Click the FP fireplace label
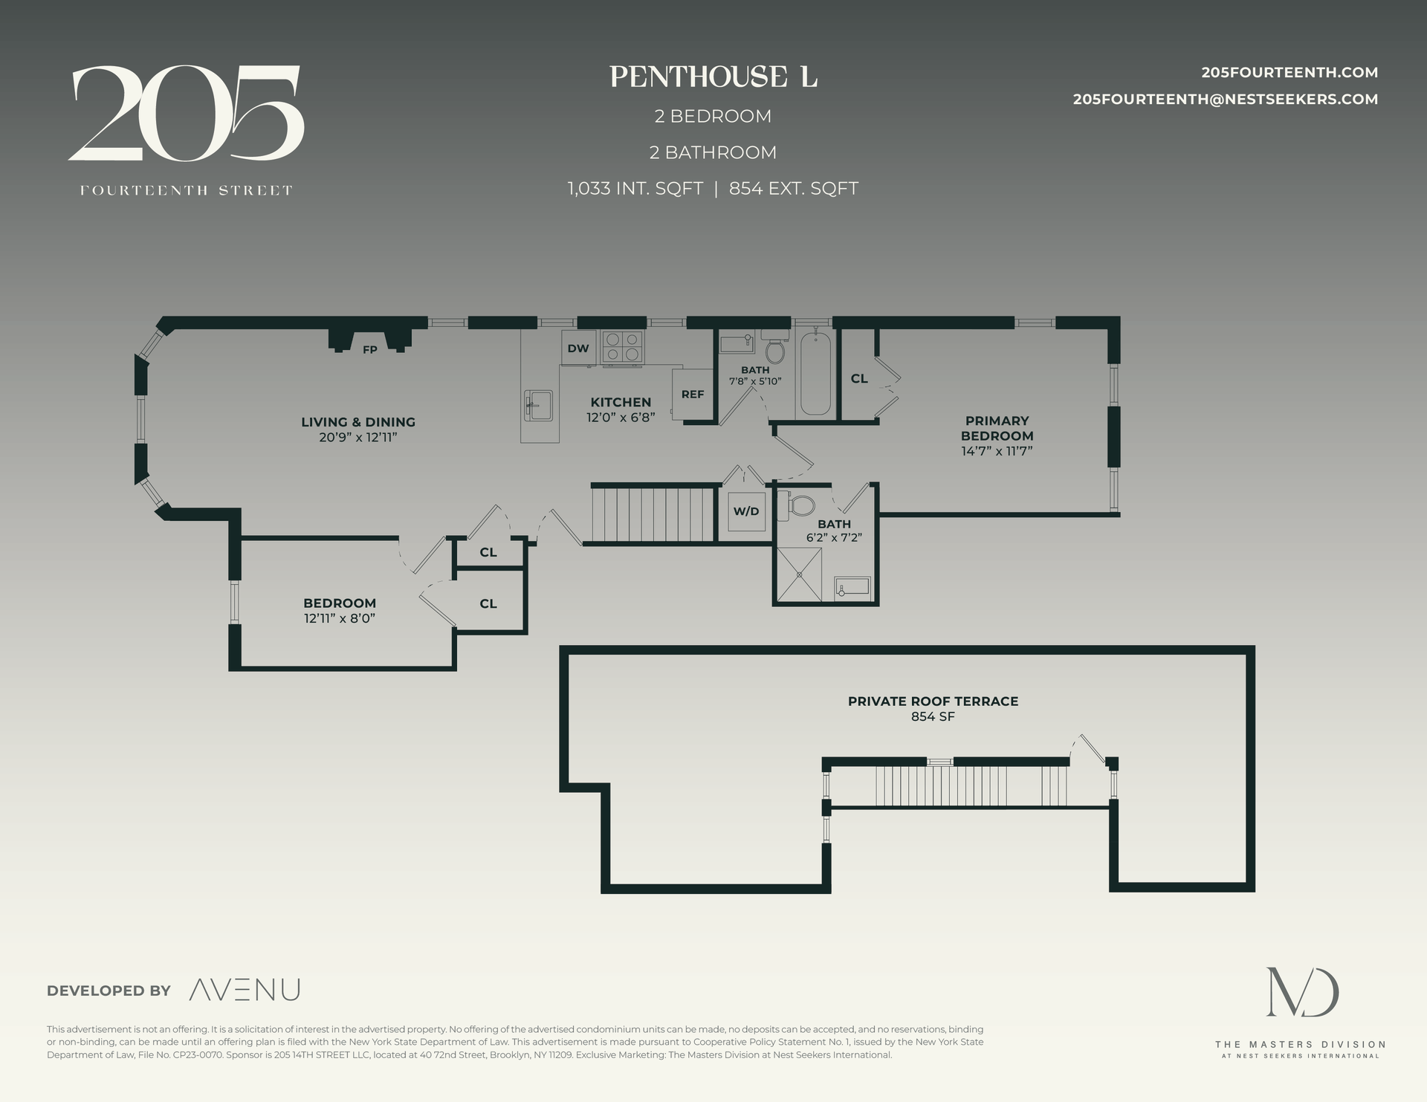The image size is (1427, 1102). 369,349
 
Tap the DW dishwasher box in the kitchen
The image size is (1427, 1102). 578,349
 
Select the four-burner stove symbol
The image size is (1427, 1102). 622,348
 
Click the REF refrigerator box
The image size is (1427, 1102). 692,394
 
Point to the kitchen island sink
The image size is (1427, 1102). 539,405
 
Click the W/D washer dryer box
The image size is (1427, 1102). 746,511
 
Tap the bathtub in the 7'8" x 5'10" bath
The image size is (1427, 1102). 815,372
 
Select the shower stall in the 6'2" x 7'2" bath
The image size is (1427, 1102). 800,574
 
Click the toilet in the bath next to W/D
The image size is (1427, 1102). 801,506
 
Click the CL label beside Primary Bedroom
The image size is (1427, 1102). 859,378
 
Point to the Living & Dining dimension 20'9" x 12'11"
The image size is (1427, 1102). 358,437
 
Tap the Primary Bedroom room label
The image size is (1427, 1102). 997,428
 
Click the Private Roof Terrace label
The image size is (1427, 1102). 933,701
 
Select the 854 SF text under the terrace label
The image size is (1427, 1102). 933,717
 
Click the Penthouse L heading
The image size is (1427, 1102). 713,77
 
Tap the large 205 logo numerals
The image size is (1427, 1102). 186,113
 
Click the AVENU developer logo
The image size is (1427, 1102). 245,990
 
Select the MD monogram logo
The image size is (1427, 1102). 1301,992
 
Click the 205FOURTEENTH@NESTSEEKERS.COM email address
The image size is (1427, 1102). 1225,100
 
